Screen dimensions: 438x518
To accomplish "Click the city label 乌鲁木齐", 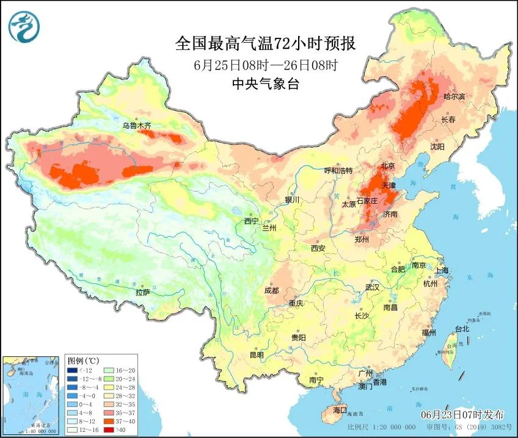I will pos(136,126).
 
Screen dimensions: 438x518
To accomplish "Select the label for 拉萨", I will pos(142,292).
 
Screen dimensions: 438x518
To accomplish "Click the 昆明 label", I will pos(257,355).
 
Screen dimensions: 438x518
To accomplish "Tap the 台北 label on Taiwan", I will pos(462,329).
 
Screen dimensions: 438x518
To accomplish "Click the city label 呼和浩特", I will pos(338,170).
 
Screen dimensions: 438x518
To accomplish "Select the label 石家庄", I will pos(368,201).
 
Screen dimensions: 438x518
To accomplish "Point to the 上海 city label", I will pos(442,270).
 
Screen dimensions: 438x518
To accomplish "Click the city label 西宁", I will pos(251,221).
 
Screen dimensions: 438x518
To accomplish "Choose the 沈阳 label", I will pos(437,147).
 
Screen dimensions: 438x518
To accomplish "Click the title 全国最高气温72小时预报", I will pos(265,44).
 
